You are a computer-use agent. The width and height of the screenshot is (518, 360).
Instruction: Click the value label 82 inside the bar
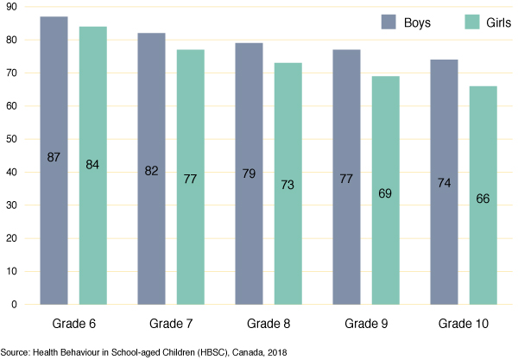click(x=151, y=173)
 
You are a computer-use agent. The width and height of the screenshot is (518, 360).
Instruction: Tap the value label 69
click(x=386, y=193)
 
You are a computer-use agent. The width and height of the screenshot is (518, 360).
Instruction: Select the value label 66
click(x=483, y=199)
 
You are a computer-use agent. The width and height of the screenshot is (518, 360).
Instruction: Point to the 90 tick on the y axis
click(x=11, y=8)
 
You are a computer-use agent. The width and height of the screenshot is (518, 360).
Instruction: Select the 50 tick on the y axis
click(x=11, y=140)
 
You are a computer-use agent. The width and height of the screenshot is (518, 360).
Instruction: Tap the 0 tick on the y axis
click(x=14, y=305)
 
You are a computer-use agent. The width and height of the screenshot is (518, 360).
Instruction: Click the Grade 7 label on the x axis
click(x=171, y=322)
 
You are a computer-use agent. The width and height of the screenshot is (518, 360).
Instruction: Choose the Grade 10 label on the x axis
click(x=464, y=322)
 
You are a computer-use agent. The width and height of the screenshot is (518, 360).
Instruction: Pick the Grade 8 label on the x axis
click(x=268, y=322)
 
